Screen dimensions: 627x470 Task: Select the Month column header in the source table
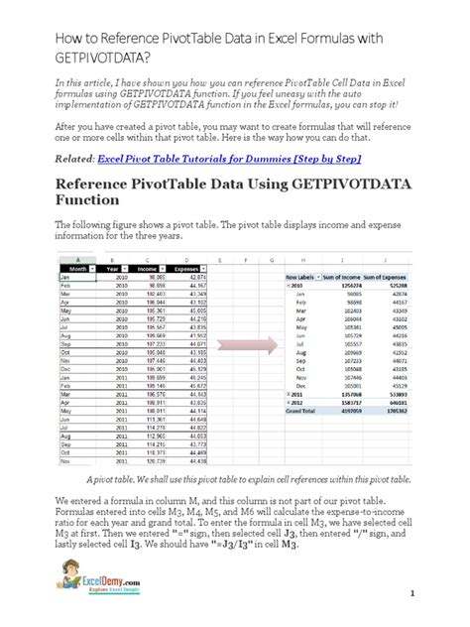[74, 266]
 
